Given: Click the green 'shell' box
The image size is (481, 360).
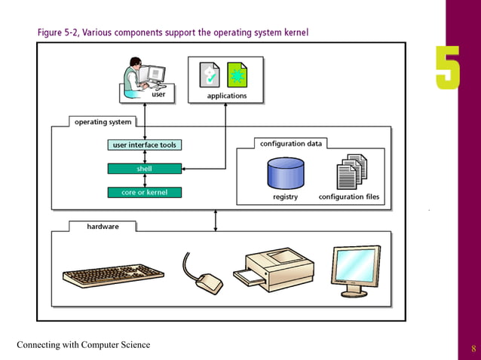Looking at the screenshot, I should point(145,169).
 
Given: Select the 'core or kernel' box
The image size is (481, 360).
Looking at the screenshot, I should point(145,192).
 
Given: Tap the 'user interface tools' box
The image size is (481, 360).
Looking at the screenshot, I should point(145,145).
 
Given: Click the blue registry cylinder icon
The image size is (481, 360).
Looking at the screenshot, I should point(285,174).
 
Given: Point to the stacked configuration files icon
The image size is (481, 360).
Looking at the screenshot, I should point(351,172).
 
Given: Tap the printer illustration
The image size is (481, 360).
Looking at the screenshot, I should point(275,268).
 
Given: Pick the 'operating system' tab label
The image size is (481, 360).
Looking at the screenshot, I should point(103,121).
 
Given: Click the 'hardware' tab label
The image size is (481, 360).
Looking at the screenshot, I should point(103,226).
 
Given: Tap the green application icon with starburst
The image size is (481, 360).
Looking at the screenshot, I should point(237,75).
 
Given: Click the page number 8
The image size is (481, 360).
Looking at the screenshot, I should point(473,348).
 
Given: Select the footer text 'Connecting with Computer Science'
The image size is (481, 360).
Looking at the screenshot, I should point(84,345).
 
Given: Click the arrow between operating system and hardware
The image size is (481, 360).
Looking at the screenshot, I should point(216,220).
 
